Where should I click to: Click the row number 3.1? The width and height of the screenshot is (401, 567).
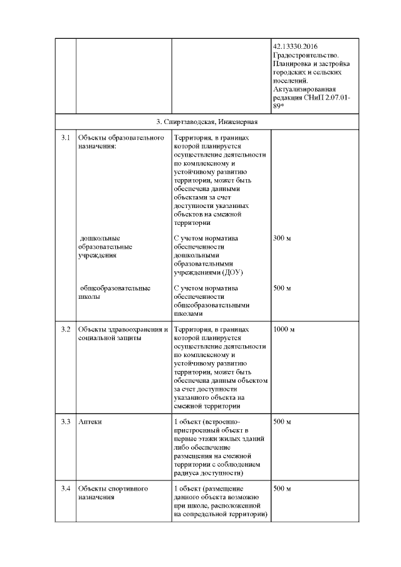point(65,137)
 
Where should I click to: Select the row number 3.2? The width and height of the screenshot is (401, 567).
point(65,328)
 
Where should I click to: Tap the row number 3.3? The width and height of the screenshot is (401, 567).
point(65,422)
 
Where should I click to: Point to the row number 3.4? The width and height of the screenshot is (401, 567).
point(65,489)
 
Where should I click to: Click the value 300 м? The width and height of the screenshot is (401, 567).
point(283,238)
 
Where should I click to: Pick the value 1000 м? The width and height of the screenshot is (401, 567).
point(284,328)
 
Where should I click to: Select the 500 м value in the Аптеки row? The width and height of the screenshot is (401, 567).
point(283,422)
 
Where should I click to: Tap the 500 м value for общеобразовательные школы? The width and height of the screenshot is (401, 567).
point(283,288)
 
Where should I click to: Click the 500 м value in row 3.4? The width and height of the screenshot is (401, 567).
point(283,489)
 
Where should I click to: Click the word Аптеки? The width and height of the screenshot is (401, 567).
point(90,422)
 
